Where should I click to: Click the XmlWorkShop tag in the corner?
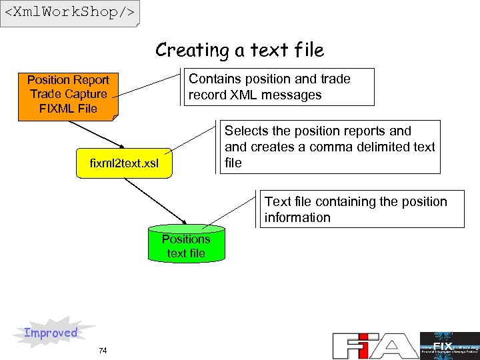click(69, 13)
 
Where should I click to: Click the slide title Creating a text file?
click(239, 50)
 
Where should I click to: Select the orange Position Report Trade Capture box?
click(68, 94)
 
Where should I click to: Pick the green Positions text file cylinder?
click(186, 246)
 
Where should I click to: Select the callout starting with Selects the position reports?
click(330, 147)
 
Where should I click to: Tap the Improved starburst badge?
click(51, 333)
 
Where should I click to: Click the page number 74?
click(102, 351)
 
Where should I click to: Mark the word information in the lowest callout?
click(297, 217)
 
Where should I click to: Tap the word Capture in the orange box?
click(86, 94)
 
